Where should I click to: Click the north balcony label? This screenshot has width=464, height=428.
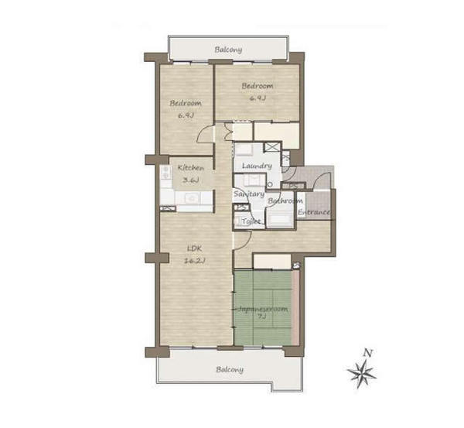point(228,50)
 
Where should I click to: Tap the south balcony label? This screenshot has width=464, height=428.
point(230,370)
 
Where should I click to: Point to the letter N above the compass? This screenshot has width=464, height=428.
point(368,353)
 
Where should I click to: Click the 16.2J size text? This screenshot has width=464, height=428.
point(194,261)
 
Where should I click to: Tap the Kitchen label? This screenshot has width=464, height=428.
point(191,168)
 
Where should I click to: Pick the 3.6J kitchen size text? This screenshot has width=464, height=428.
point(189,180)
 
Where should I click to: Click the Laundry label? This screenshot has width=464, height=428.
point(257,166)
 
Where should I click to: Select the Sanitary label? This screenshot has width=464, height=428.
point(249,194)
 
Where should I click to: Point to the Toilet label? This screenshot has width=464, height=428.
point(251,221)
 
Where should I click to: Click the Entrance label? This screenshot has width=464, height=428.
point(314,212)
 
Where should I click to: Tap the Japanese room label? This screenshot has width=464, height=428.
point(263,309)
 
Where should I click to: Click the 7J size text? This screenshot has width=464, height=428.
point(262,316)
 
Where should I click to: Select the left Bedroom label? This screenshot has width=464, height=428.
point(186,104)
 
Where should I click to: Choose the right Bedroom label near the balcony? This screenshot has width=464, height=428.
point(258,86)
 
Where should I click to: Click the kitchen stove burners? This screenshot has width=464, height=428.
point(166,173)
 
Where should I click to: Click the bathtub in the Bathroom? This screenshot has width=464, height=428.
point(280,220)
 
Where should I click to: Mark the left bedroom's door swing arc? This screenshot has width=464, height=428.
point(203,132)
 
